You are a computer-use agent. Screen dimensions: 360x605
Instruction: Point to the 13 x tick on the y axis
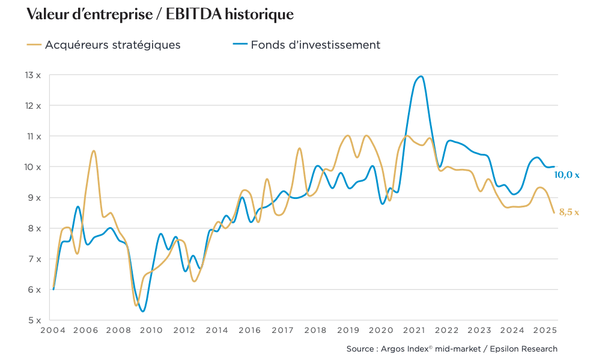coord(33,75)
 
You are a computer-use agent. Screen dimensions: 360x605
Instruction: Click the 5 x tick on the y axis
coord(33,320)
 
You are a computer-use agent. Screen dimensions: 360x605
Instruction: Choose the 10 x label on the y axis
coord(33,166)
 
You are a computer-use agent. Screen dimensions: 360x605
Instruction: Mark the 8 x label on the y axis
coord(33,228)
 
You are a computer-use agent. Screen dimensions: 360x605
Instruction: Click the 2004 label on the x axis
coord(53,331)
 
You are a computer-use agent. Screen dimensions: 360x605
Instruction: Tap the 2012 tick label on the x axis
coord(184,331)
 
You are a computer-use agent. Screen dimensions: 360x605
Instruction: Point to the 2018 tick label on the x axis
coord(315,331)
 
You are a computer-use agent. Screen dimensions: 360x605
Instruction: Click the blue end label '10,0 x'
coord(567,175)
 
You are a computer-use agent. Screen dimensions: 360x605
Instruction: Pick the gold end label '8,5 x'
coord(569,212)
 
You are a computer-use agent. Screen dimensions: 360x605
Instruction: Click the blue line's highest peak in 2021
coord(421,76)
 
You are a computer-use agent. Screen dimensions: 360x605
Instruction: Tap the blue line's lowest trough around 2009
coord(142,311)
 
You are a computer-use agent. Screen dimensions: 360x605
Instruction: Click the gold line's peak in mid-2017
coord(299,148)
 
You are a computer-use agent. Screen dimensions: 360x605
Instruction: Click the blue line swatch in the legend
coord(240,44)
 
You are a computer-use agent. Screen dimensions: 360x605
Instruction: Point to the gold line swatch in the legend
coord(34,44)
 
